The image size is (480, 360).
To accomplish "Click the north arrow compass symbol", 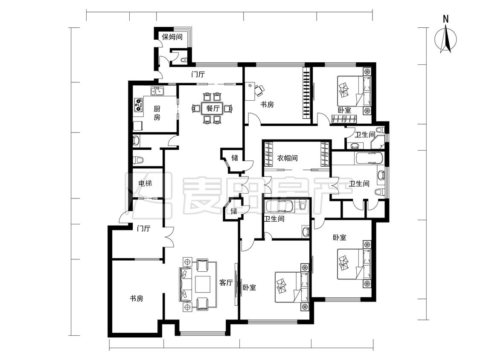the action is [446, 40].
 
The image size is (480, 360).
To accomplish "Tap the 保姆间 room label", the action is [172, 37].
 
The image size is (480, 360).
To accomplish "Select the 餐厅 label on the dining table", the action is [213, 108].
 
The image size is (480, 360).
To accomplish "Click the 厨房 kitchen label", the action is [157, 113].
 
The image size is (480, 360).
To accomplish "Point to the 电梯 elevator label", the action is [145, 183].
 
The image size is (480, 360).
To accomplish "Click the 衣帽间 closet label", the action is [287, 158].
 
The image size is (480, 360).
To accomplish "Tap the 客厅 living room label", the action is [226, 282].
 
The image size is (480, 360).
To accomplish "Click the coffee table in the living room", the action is [202, 285].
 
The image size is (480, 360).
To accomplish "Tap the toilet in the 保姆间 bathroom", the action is [183, 60].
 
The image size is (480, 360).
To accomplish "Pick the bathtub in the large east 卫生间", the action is [369, 158].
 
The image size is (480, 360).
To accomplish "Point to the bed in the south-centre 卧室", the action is [292, 287].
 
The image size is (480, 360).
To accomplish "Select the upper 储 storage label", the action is [235, 158].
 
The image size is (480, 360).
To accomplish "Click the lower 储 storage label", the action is [233, 211].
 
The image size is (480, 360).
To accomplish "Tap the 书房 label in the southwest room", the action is [136, 298].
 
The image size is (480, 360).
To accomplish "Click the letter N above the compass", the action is [446, 19].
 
